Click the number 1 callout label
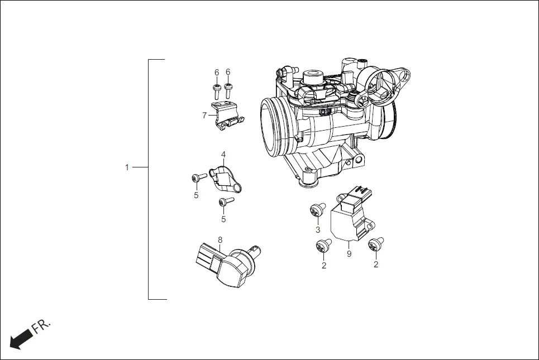(127, 167)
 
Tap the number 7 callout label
(204, 116)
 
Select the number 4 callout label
(223, 154)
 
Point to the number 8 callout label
(220, 240)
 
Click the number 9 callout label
(349, 254)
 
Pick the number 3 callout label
(318, 229)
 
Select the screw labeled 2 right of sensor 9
(375, 243)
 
